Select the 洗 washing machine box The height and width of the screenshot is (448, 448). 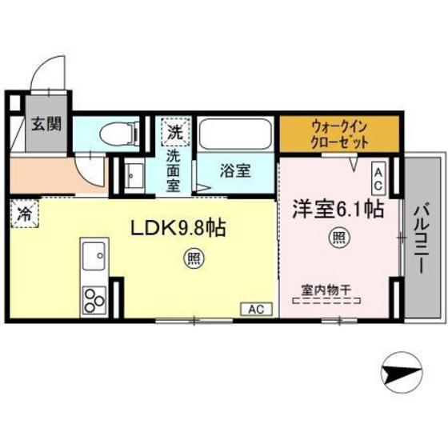pyautogui.click(x=175, y=131)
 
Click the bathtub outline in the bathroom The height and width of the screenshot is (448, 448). pyautogui.click(x=235, y=136)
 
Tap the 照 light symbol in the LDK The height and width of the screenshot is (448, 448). pyautogui.click(x=193, y=257)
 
